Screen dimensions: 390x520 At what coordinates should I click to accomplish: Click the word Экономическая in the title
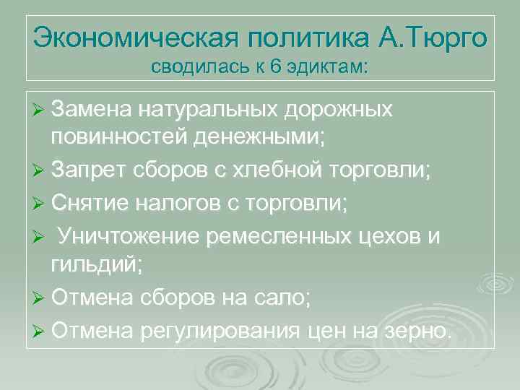(x=134, y=35)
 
